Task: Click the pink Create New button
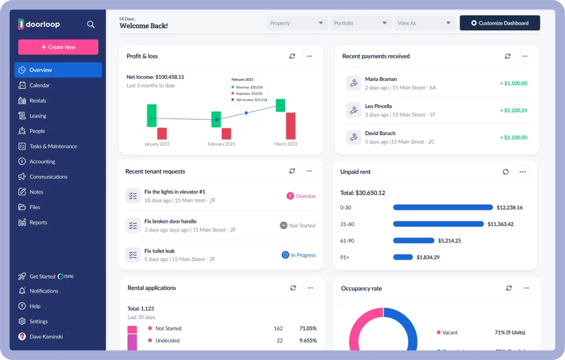click(x=58, y=47)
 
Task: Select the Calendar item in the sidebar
click(x=39, y=85)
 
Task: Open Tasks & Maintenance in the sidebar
click(x=53, y=146)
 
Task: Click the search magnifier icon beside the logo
click(x=91, y=24)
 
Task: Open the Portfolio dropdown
click(x=361, y=23)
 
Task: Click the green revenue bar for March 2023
click(x=280, y=105)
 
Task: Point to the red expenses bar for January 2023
click(x=162, y=133)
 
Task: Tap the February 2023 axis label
click(x=221, y=144)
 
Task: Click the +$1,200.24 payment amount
click(x=513, y=110)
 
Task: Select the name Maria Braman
click(x=381, y=79)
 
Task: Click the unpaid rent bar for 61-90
click(x=413, y=240)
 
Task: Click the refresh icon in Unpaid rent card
click(x=505, y=172)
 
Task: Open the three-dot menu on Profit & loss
click(x=309, y=56)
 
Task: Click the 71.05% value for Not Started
click(x=308, y=329)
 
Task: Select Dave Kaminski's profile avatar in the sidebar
click(x=22, y=336)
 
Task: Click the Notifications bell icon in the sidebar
click(x=22, y=291)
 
